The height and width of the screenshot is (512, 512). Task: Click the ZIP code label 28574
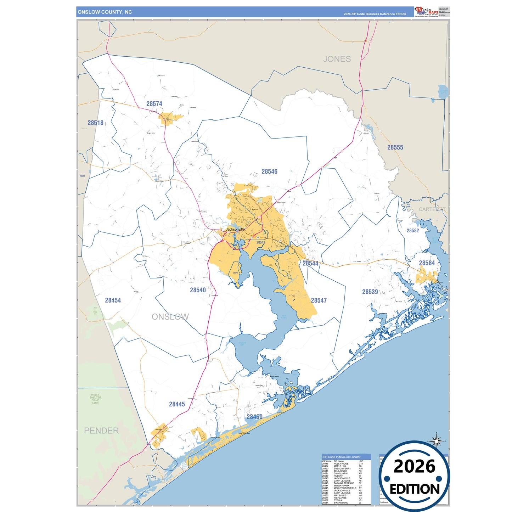154,104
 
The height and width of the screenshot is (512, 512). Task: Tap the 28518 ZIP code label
96,123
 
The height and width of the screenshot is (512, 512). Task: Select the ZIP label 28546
269,171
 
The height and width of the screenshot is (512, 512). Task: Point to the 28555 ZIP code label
395,147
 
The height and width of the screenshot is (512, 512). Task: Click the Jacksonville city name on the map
235,230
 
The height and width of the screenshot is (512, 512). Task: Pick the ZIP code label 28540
198,290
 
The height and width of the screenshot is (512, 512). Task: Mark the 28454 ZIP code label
113,300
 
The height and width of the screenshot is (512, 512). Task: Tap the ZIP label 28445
177,404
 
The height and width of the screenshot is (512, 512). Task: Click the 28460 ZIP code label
254,417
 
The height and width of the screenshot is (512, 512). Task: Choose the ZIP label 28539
370,292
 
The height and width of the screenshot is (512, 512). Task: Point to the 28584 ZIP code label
427,263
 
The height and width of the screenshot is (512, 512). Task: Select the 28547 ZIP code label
319,300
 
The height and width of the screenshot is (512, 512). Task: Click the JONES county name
337,59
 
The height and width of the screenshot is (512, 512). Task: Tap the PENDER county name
101,431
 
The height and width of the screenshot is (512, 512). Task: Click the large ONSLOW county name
170,317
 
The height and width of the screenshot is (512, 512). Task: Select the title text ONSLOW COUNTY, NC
105,12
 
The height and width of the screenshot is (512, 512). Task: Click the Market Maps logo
426,11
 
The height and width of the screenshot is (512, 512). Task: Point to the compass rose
437,441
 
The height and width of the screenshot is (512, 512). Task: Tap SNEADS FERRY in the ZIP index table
342,468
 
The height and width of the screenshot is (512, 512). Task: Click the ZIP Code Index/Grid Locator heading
341,457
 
